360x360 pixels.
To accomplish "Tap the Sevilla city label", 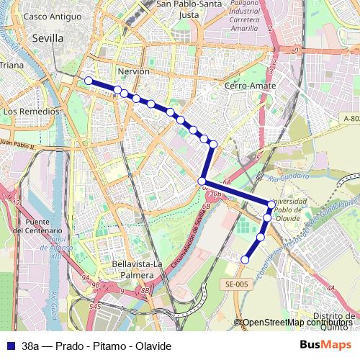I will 48,38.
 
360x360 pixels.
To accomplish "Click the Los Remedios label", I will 31,112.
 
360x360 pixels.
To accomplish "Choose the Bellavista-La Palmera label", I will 135,269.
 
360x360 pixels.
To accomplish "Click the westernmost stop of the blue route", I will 89,81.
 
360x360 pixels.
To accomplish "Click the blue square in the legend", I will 10,346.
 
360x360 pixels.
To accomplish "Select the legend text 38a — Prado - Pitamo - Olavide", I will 96,346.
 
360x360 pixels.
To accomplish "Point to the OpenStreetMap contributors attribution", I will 297,323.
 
